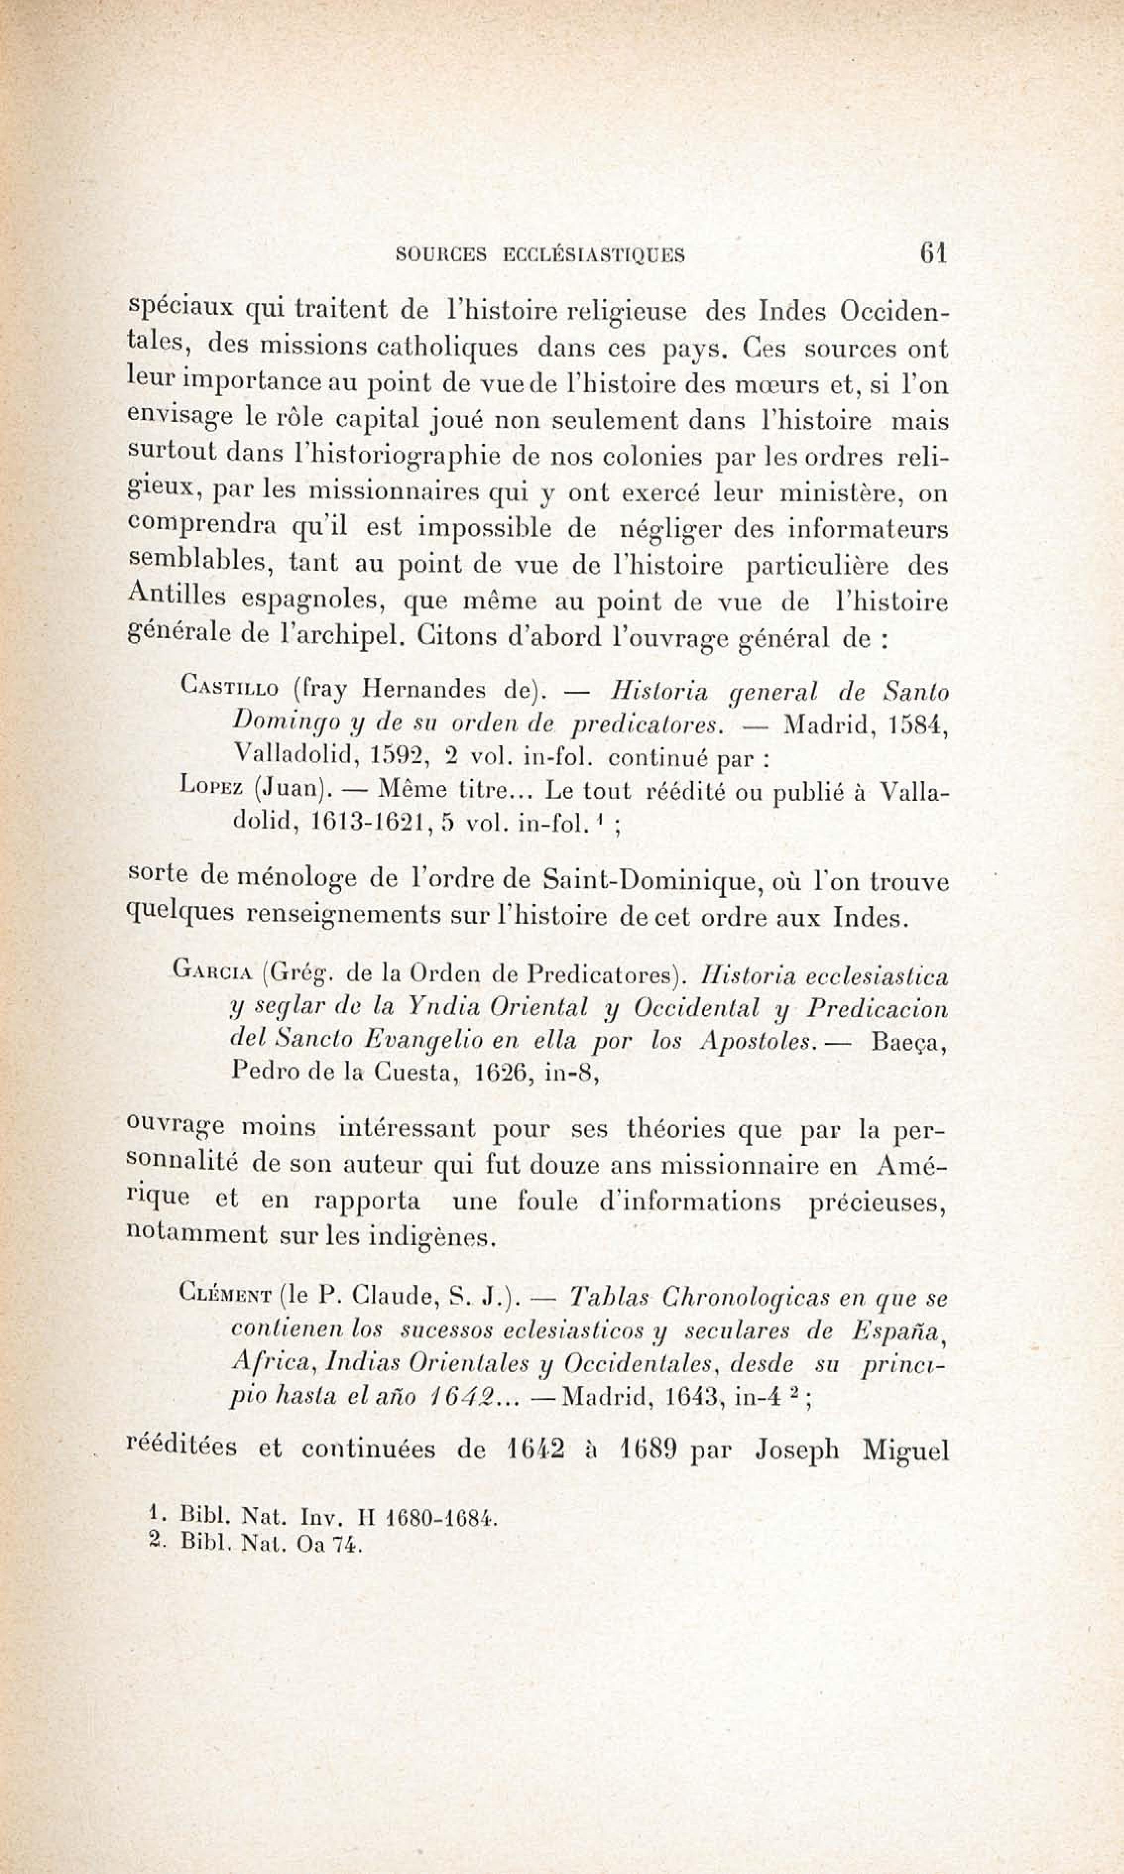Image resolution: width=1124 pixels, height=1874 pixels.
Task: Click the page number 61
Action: (933, 252)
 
